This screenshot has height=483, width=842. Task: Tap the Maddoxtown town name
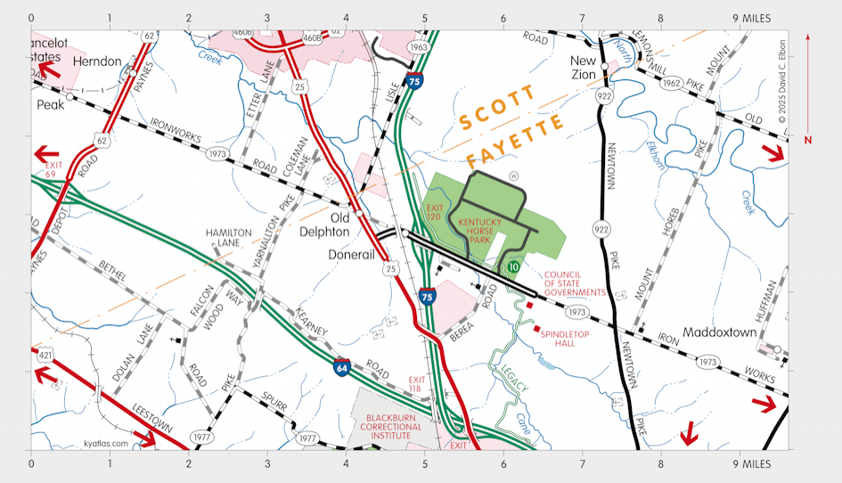pos(719,332)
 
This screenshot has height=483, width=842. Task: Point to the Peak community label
pos(51,104)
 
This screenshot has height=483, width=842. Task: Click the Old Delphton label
pos(340,225)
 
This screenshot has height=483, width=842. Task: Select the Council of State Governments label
pos(575,284)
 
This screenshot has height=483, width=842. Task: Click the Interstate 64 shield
pos(342,366)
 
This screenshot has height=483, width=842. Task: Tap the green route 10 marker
pos(514,266)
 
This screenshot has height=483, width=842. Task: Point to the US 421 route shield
pos(45,356)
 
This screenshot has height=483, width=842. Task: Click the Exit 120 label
pos(435,212)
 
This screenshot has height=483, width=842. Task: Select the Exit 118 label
pos(416,384)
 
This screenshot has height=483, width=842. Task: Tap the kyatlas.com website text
pos(106,443)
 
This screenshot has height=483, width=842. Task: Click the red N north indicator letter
pos(808,140)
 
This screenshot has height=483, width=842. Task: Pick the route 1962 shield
pos(673,81)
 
